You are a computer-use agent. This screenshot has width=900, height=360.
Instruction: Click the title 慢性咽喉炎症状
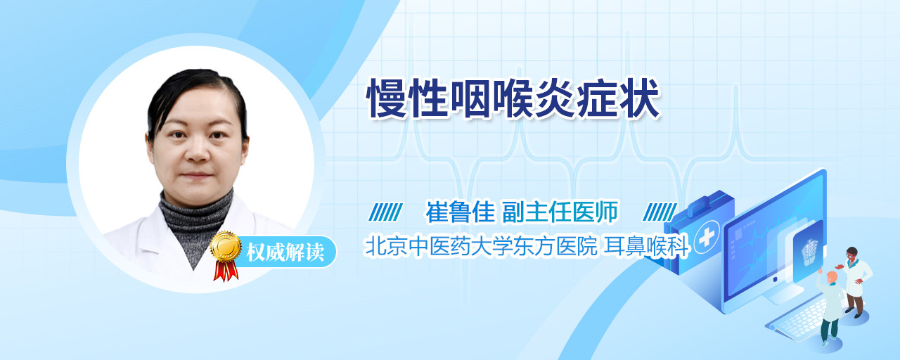pyautogui.click(x=513, y=98)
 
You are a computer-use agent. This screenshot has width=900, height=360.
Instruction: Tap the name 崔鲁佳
pyautogui.click(x=460, y=212)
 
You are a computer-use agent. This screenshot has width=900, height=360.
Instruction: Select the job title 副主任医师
pyautogui.click(x=560, y=212)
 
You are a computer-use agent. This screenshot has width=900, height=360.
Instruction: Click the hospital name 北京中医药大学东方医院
pyautogui.click(x=481, y=246)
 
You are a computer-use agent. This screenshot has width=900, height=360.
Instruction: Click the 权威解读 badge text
pyautogui.click(x=285, y=252)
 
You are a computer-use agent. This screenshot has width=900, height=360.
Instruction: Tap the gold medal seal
pyautogui.click(x=226, y=246)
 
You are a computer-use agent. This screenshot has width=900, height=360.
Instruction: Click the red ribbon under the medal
pyautogui.click(x=226, y=271)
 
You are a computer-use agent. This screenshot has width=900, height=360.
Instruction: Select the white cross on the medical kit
pyautogui.click(x=706, y=238)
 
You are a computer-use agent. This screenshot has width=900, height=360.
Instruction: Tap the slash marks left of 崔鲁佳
pyautogui.click(x=385, y=212)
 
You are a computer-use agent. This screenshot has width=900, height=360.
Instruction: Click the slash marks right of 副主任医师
pyautogui.click(x=660, y=212)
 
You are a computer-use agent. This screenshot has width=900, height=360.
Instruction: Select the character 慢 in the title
pyautogui.click(x=387, y=98)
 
